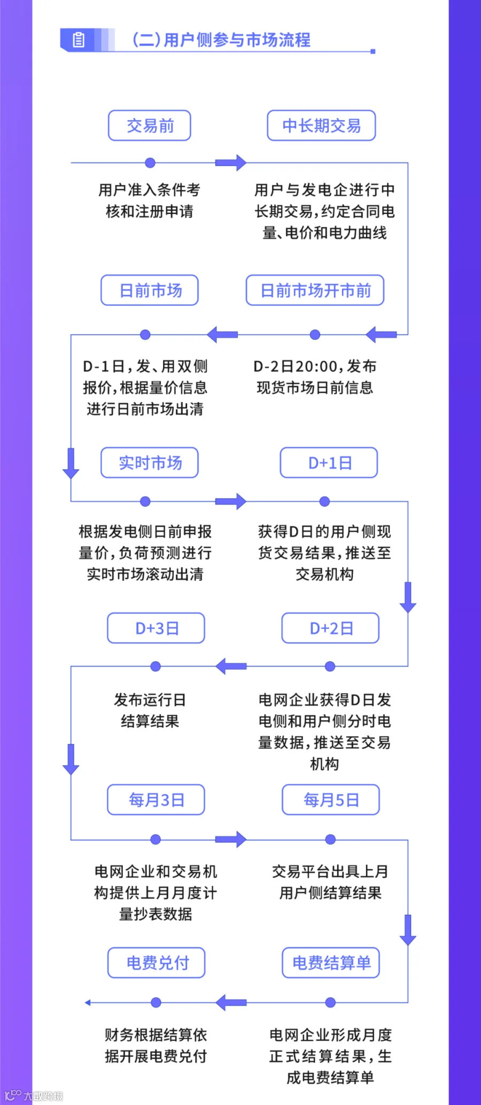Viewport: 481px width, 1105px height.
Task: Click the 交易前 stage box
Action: (x=150, y=126)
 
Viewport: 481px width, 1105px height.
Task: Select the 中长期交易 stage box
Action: (x=321, y=126)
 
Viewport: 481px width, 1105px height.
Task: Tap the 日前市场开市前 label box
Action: (x=315, y=290)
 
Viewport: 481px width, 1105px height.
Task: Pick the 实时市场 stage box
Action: (x=150, y=463)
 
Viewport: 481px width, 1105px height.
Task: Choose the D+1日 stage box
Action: (x=329, y=463)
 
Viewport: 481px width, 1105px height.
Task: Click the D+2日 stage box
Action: (x=330, y=628)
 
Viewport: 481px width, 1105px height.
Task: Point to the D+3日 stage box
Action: (x=156, y=628)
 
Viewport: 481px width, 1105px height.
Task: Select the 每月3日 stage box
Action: (x=156, y=800)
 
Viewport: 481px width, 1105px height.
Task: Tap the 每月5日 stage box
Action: (x=331, y=800)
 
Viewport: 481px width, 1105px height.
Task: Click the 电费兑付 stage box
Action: (x=157, y=963)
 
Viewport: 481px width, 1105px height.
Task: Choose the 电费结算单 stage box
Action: (x=331, y=963)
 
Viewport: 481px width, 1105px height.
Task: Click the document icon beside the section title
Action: (x=79, y=40)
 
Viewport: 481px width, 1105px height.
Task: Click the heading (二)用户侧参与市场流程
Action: (x=221, y=40)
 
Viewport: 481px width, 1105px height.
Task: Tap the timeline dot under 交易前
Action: (x=150, y=163)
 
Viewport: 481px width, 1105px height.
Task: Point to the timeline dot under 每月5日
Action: (x=330, y=839)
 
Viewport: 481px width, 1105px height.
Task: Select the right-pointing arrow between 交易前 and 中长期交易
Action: (x=231, y=163)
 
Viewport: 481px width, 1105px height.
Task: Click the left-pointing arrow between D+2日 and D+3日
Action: (x=231, y=666)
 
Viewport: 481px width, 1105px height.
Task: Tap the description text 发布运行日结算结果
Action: (x=150, y=710)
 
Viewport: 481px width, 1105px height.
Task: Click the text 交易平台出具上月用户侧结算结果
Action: (x=330, y=882)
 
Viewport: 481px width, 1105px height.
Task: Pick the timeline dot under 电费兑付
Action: (x=156, y=1002)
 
